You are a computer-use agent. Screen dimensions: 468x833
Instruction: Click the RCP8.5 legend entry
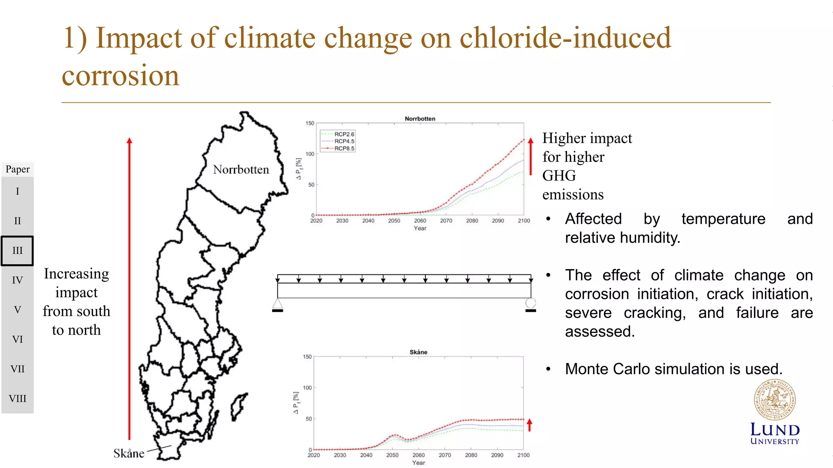point(344,148)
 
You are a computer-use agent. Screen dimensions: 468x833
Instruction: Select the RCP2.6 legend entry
point(344,134)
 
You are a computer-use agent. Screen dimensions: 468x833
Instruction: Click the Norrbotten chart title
point(420,119)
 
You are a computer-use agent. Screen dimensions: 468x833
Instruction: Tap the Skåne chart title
point(418,352)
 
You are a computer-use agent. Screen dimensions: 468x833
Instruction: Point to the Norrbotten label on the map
point(241,170)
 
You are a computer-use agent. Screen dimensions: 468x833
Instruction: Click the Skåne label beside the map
point(129,453)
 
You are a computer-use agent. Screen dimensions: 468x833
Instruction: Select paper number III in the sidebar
point(17,250)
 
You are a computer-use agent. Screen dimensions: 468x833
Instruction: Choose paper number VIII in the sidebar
point(17,398)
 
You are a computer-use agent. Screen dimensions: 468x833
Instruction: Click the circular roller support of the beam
point(530,303)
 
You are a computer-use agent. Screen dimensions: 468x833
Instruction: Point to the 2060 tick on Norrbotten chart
point(420,221)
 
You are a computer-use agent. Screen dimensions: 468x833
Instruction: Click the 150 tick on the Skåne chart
point(307,357)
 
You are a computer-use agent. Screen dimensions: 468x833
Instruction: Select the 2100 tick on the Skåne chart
point(523,455)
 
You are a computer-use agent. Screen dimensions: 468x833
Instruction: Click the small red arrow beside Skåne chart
point(530,425)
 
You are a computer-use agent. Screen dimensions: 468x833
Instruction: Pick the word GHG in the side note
point(559,176)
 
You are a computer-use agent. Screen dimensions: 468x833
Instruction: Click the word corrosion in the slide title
point(120,76)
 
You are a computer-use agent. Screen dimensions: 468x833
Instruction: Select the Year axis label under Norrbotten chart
point(420,229)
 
